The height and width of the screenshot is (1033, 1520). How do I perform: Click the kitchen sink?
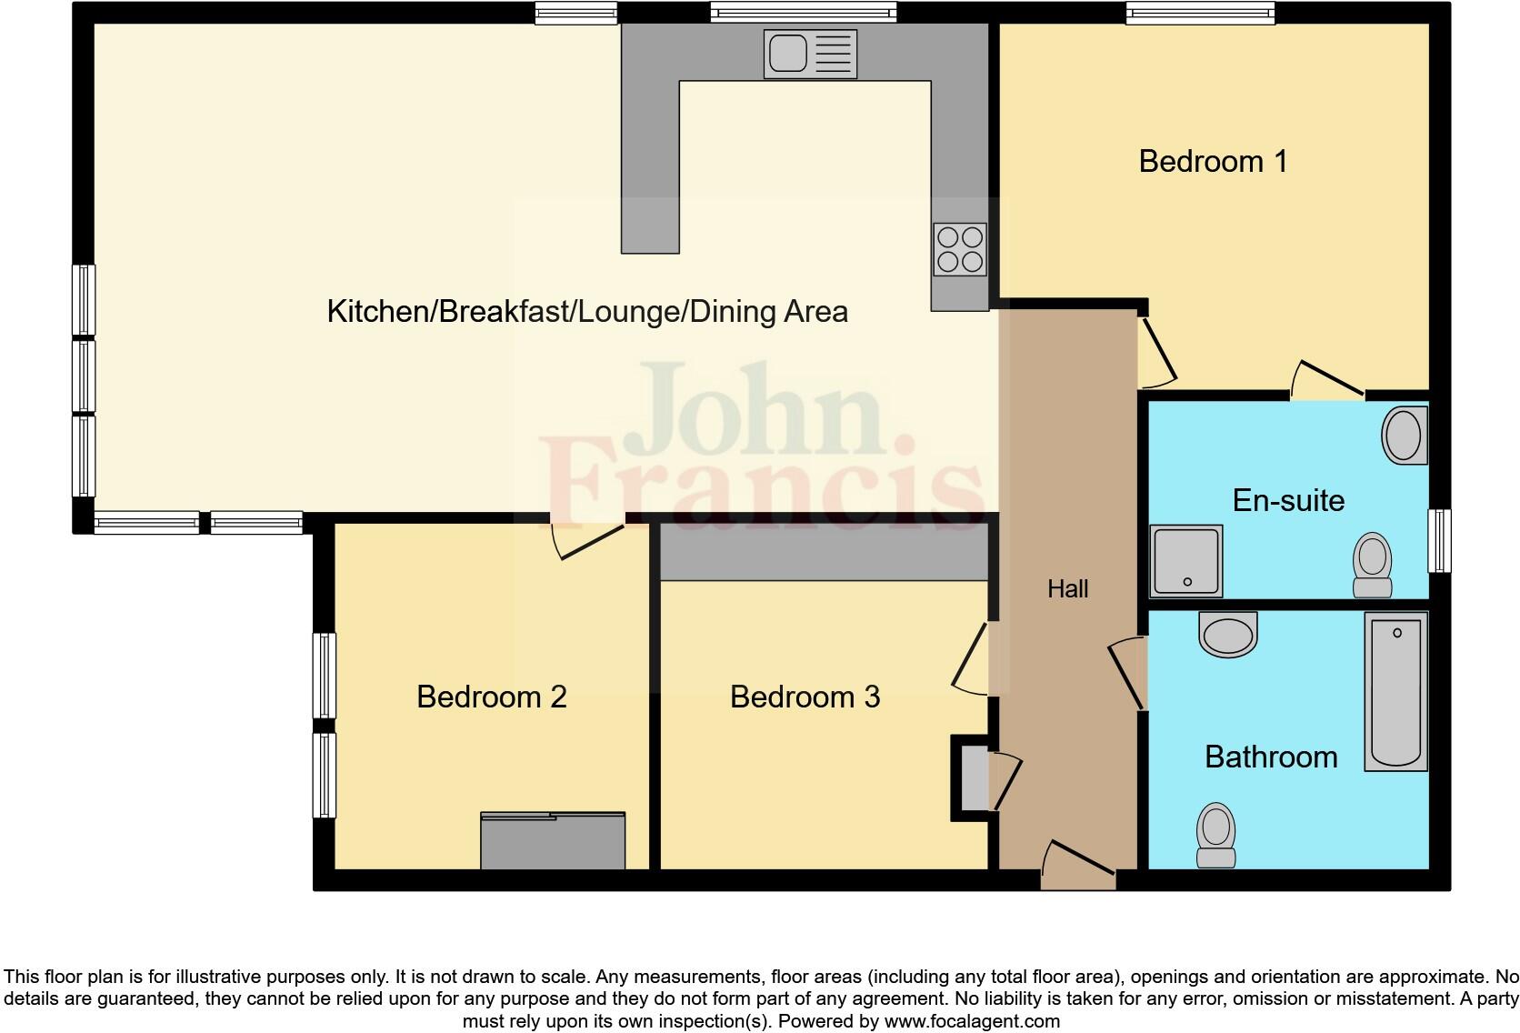tap(809, 54)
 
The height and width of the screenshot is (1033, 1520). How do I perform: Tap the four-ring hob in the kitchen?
tap(960, 249)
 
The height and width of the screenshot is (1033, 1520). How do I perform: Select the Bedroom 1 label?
tap(1213, 162)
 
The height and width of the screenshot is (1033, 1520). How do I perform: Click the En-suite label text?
tap(1287, 500)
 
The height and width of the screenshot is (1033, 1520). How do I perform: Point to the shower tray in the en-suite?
tap(1186, 561)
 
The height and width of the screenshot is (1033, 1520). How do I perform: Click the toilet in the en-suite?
tap(1372, 565)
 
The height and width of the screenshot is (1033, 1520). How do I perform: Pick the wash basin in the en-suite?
tap(1403, 436)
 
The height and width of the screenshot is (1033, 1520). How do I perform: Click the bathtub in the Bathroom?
tap(1395, 691)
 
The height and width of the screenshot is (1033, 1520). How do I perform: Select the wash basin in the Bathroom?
tap(1228, 634)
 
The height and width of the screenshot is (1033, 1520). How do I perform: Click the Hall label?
tap(1067, 589)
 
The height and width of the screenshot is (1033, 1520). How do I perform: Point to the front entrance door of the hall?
tap(1078, 868)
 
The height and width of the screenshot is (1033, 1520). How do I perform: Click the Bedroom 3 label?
tap(805, 697)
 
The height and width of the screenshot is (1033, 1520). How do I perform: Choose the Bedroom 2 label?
tap(491, 697)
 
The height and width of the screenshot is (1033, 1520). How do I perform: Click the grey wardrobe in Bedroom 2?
tap(553, 841)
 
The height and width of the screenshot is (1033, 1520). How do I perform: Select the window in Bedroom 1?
tap(1199, 13)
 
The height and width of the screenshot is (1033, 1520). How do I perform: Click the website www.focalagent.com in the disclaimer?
tap(972, 1021)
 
